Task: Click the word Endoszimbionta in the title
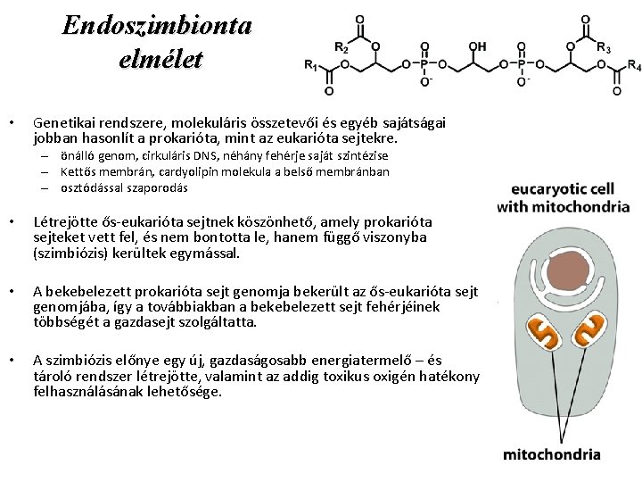(x=157, y=24)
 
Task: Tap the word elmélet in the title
(x=160, y=59)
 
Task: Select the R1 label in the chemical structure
(x=311, y=65)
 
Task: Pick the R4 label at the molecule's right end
(x=634, y=65)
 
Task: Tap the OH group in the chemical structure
(x=478, y=46)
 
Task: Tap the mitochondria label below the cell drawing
(x=552, y=454)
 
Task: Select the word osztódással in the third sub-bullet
(x=94, y=187)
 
